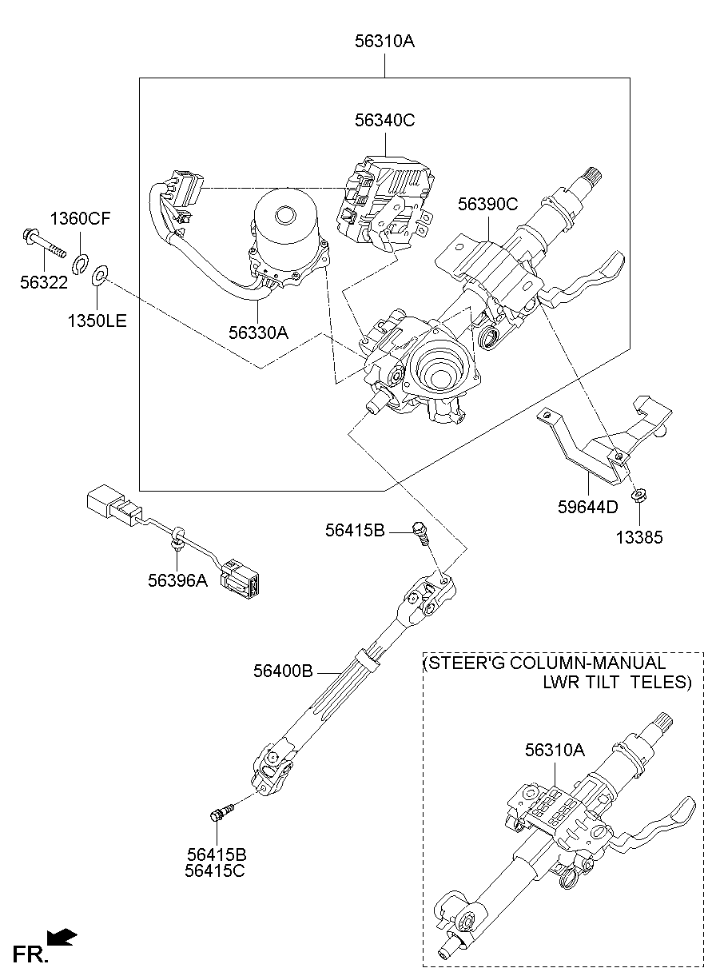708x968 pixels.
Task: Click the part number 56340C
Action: pyautogui.click(x=385, y=121)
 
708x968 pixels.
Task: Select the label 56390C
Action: pyautogui.click(x=487, y=205)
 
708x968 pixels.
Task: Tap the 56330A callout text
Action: pyautogui.click(x=258, y=332)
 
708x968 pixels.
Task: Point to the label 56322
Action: pyautogui.click(x=44, y=282)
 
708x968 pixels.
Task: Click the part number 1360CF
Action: pyautogui.click(x=81, y=219)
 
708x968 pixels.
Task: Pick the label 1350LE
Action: pyautogui.click(x=97, y=321)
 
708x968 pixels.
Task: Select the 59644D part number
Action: pyautogui.click(x=587, y=507)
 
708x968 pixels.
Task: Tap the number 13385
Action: pyautogui.click(x=638, y=537)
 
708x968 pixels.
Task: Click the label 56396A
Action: pyautogui.click(x=177, y=580)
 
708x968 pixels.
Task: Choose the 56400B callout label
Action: pyautogui.click(x=283, y=671)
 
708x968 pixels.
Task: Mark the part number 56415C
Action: pyautogui.click(x=215, y=870)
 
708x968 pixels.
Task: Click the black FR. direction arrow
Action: pyautogui.click(x=62, y=936)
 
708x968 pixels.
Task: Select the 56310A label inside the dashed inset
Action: pyautogui.click(x=555, y=750)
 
